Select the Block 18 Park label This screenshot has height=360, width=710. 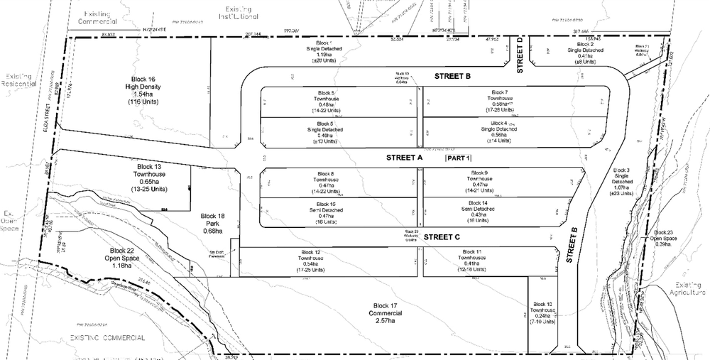212,222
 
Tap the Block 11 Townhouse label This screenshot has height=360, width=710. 472,261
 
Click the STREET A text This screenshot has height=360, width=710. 405,156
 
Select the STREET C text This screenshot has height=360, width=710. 443,237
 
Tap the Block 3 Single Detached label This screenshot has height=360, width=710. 621,182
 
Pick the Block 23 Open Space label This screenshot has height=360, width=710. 667,239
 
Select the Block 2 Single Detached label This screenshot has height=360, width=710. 586,51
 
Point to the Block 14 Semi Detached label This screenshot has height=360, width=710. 471,212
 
